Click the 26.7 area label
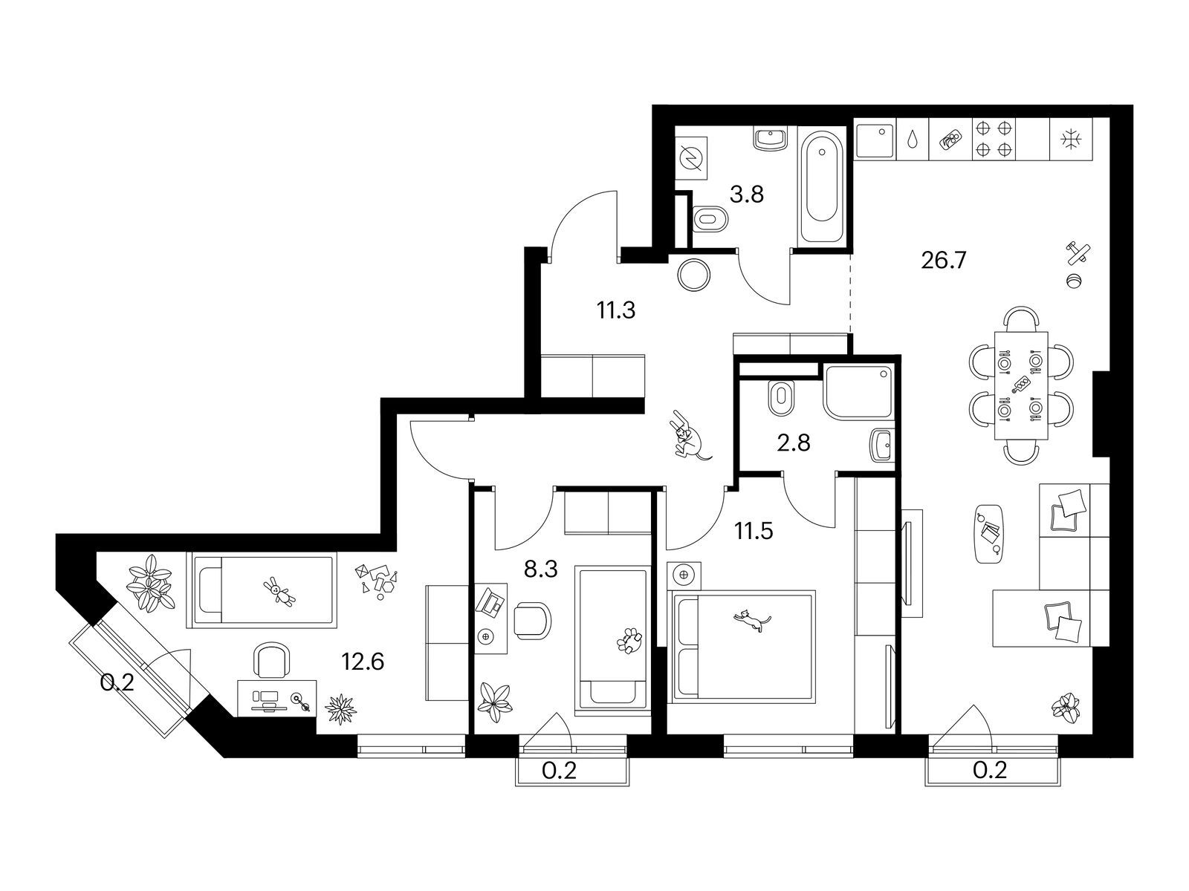(x=943, y=261)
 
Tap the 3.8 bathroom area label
(x=746, y=195)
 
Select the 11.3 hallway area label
(x=616, y=310)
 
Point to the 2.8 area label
(x=794, y=443)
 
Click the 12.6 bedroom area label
(x=363, y=661)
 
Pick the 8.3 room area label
(x=540, y=569)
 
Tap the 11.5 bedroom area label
(x=754, y=531)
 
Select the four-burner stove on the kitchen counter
(x=994, y=139)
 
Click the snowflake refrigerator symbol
(x=1071, y=139)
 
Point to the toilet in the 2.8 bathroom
(x=781, y=398)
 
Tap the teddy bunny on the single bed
(x=279, y=590)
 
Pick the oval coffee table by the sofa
(x=988, y=534)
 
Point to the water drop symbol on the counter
(x=913, y=139)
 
